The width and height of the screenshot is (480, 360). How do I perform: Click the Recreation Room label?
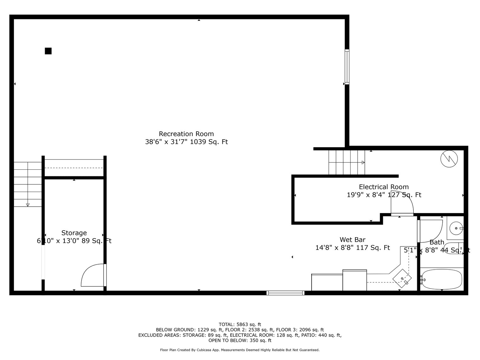coord(186,134)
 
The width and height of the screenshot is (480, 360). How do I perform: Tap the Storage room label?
coord(74,233)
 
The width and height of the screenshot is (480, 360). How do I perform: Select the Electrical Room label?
coord(384,187)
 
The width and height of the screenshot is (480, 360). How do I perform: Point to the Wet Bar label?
coord(352,240)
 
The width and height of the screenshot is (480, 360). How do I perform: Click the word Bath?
coord(437,242)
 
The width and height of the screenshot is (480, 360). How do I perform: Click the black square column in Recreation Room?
coord(48,51)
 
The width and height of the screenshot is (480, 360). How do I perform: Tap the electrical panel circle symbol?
coord(449,159)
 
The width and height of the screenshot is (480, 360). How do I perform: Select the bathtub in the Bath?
coord(441,279)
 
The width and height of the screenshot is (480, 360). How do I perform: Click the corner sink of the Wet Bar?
coord(402,278)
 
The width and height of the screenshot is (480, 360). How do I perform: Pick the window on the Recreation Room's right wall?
coord(347,67)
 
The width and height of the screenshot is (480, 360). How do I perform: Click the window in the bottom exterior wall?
coord(286,293)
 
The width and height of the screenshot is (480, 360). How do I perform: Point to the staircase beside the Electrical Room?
coord(346,162)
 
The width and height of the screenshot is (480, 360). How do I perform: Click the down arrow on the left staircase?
coord(28,205)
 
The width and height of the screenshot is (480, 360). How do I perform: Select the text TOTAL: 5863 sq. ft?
coord(240,324)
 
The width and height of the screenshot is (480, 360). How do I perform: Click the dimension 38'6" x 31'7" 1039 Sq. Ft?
coord(186,142)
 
